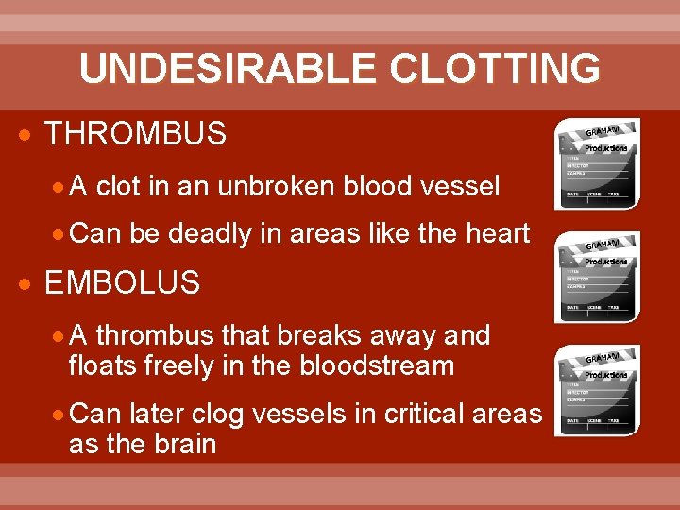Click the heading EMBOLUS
point(123,282)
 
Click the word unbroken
point(276,187)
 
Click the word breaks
point(286,335)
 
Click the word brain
point(176,443)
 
